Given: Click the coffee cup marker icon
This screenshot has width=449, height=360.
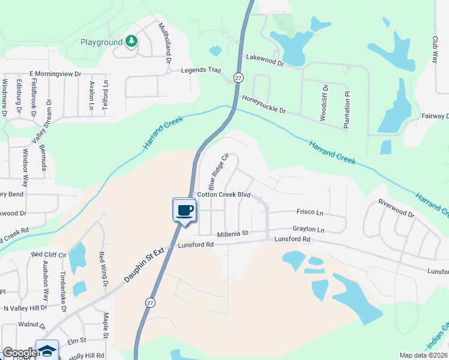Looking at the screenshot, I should pyautogui.click(x=185, y=210).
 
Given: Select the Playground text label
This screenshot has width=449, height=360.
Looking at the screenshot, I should pyautogui.click(x=101, y=43).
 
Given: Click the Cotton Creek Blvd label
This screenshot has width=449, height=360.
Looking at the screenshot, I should pyautogui.click(x=223, y=196).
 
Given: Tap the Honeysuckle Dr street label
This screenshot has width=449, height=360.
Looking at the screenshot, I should pyautogui.click(x=264, y=104).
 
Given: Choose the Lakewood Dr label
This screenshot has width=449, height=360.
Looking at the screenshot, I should pyautogui.click(x=265, y=59).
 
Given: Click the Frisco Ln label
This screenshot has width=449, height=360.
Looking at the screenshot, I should pyautogui.click(x=310, y=212).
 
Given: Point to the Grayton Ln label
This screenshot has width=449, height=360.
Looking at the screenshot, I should pyautogui.click(x=308, y=229).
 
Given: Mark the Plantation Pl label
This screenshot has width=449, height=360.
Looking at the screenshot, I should pyautogui.click(x=346, y=110).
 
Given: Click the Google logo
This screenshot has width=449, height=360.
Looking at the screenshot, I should pyautogui.click(x=19, y=353).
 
